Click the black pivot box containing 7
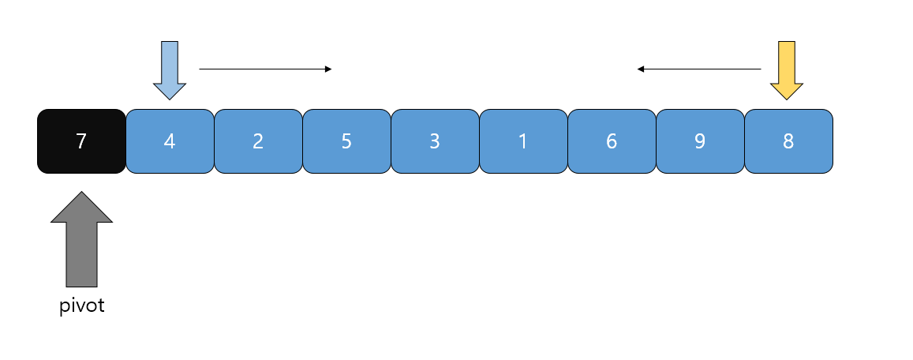pyautogui.click(x=81, y=141)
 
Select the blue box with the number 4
pyautogui.click(x=170, y=141)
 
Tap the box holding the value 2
pyautogui.click(x=258, y=141)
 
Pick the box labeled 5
pyautogui.click(x=346, y=141)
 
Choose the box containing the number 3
pyautogui.click(x=435, y=141)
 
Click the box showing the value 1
pyautogui.click(x=523, y=141)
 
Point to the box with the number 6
pyautogui.click(x=612, y=141)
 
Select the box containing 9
pyautogui.click(x=700, y=141)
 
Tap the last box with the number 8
pyautogui.click(x=788, y=141)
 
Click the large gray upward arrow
pyautogui.click(x=81, y=241)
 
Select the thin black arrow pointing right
pyautogui.click(x=264, y=69)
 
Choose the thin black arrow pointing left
pyautogui.click(x=699, y=69)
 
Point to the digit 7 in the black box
pyautogui.click(x=80, y=141)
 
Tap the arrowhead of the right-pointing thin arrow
pyautogui.click(x=328, y=69)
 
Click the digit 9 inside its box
pyautogui.click(x=700, y=141)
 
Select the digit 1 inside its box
pyautogui.click(x=523, y=141)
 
